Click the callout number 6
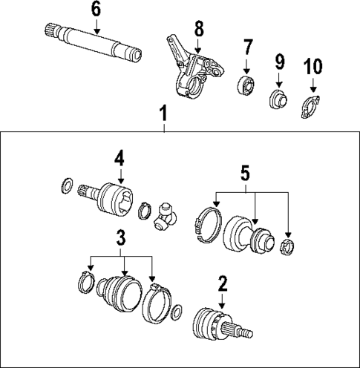pyautogui.click(x=95, y=10)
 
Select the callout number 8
pyautogui.click(x=198, y=30)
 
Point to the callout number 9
pyautogui.click(x=279, y=60)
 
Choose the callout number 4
pyautogui.click(x=118, y=158)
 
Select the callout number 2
pyautogui.click(x=221, y=283)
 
